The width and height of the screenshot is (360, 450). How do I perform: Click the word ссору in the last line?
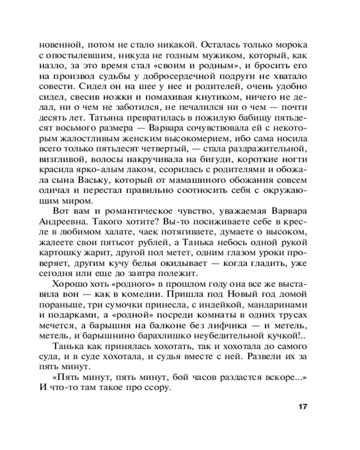point(157,388)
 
